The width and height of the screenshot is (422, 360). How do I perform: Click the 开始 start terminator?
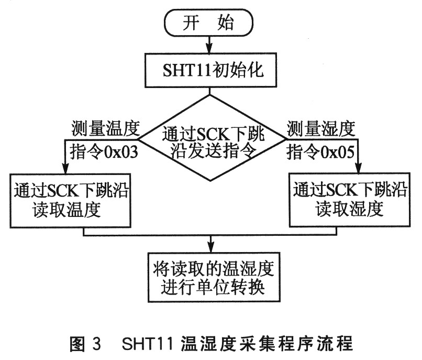click(x=209, y=23)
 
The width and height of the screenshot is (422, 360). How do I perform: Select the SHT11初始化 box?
click(x=210, y=70)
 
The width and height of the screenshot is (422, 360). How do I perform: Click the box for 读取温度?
click(x=70, y=201)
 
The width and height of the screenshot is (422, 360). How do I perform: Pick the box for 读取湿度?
click(x=350, y=200)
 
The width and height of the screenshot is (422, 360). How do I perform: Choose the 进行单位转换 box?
click(x=214, y=277)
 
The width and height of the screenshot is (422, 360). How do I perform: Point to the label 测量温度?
click(x=106, y=128)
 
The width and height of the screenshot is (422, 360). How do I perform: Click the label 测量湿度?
click(x=321, y=128)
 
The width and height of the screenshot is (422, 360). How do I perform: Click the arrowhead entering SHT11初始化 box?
click(x=209, y=49)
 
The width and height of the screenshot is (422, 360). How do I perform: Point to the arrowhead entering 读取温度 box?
click(x=65, y=169)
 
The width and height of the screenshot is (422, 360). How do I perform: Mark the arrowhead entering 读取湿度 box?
click(x=359, y=168)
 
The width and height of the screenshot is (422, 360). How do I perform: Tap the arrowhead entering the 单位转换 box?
click(x=211, y=248)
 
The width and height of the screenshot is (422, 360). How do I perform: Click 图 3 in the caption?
click(x=85, y=344)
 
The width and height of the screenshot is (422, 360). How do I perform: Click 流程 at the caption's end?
click(x=335, y=344)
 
